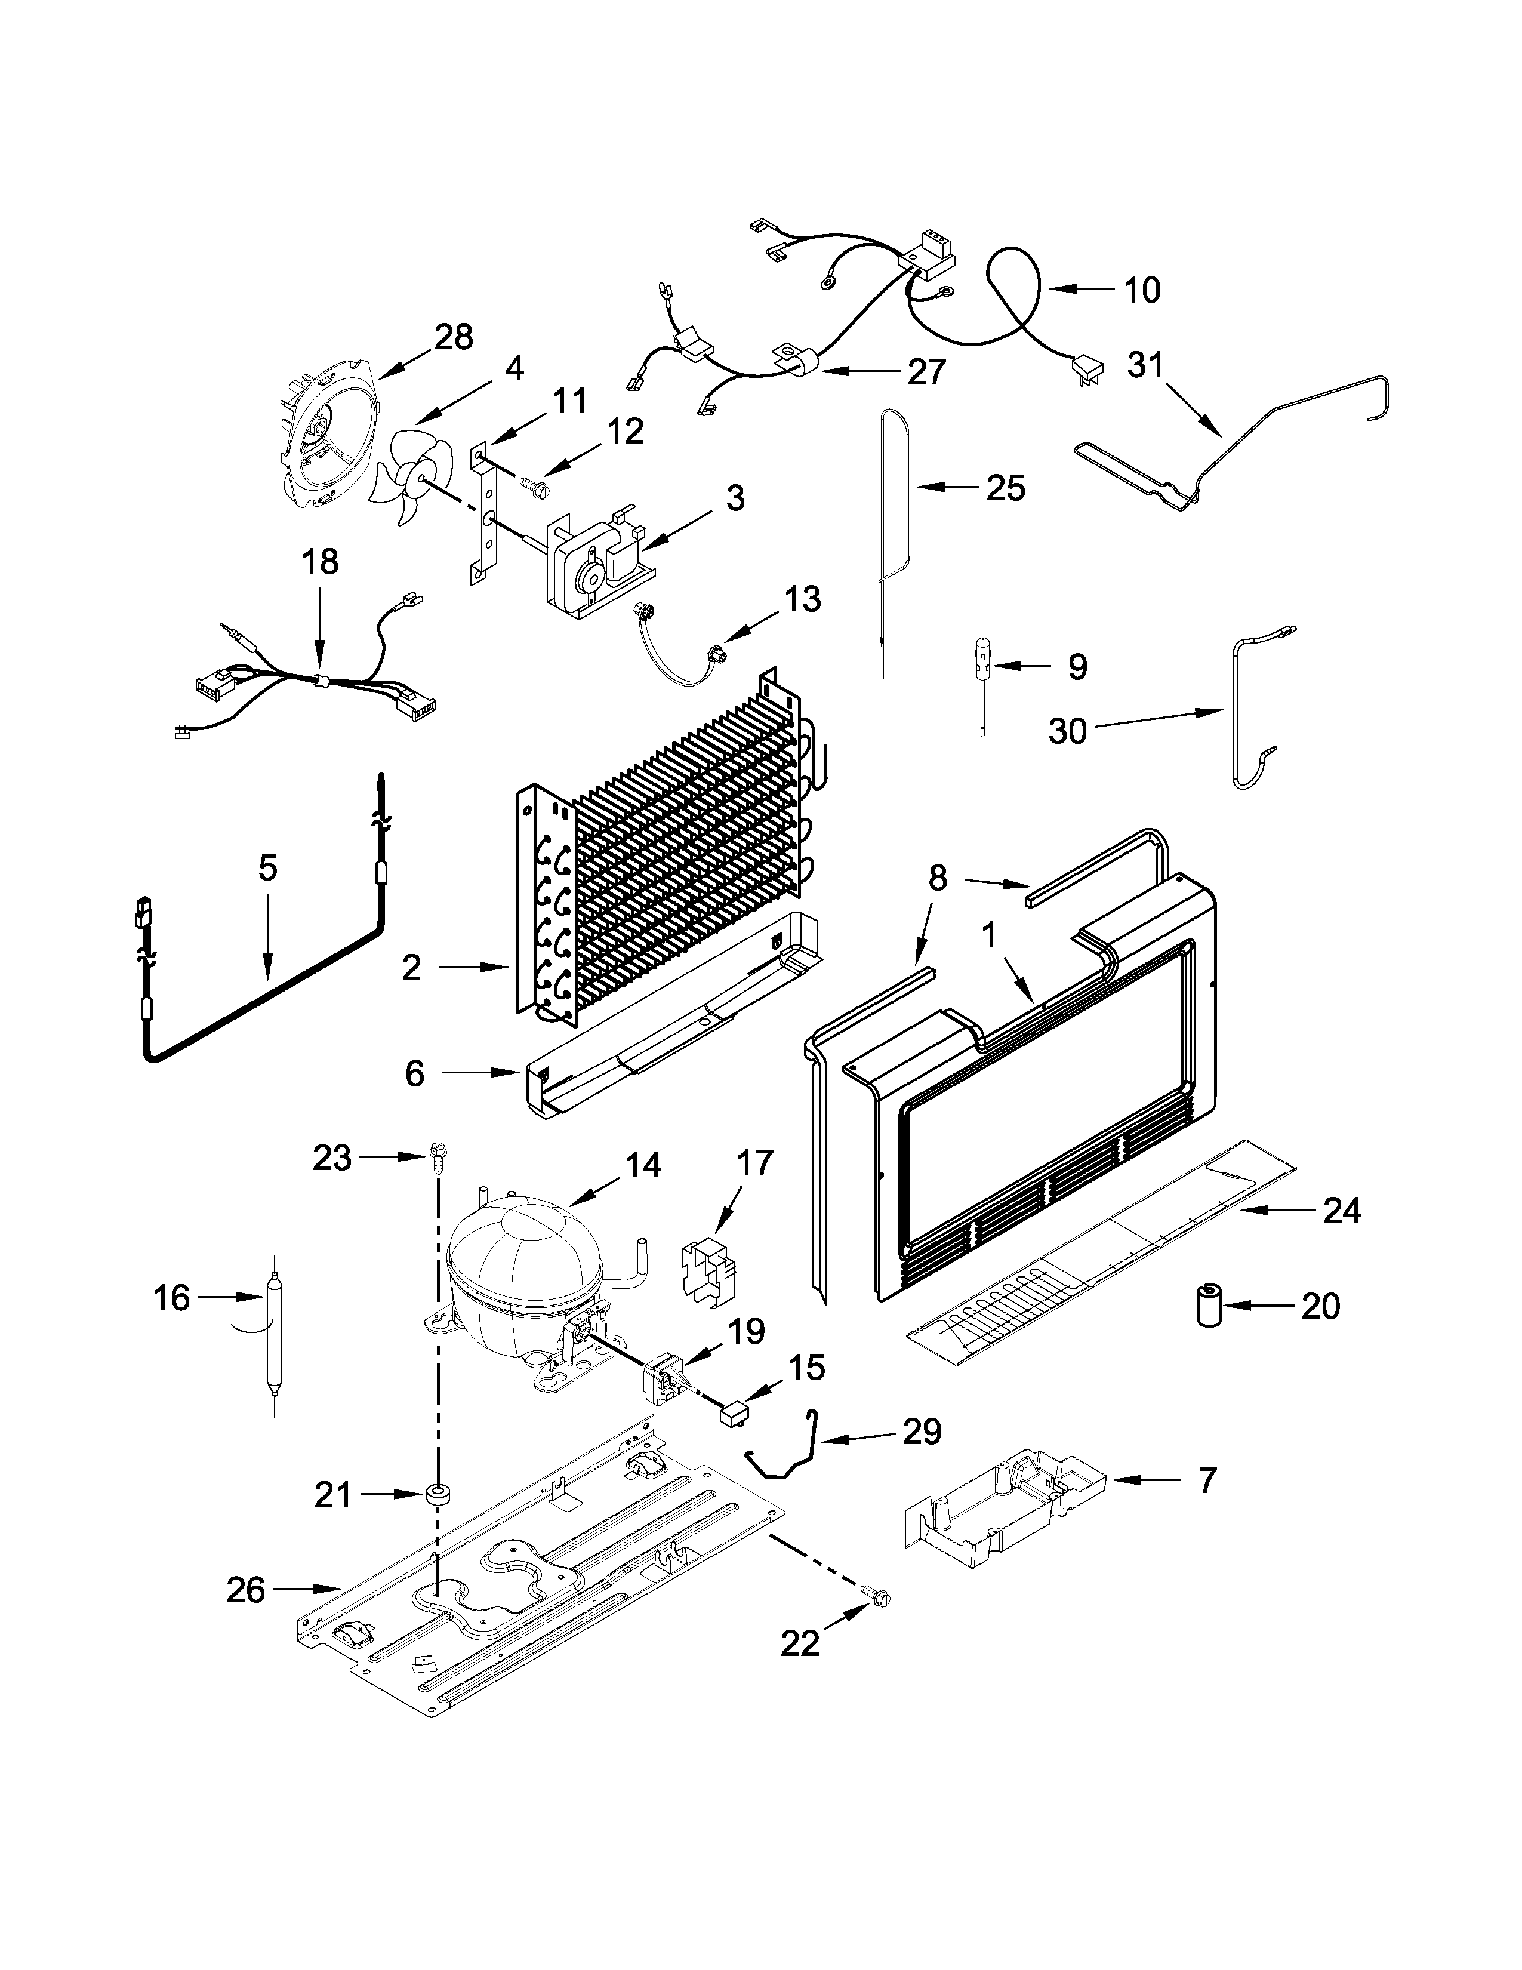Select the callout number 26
[x=245, y=1589]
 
